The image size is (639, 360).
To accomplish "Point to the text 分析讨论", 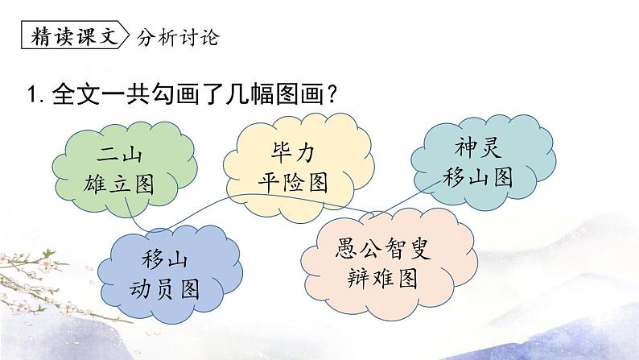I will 178,38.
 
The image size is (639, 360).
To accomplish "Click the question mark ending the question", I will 328,94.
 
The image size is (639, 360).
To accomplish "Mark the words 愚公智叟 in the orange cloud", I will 383,247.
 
